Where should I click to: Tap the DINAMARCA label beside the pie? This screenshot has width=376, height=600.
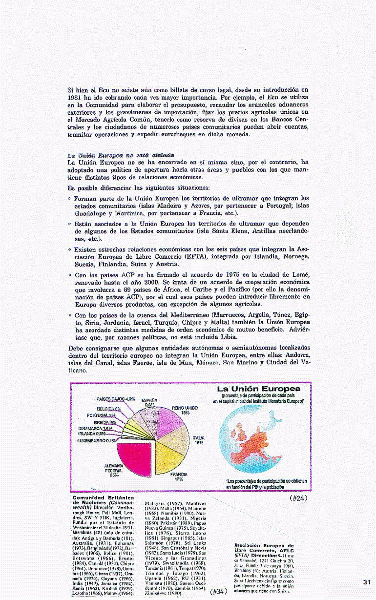click(95, 428)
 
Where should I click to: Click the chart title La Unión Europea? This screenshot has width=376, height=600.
click(258, 389)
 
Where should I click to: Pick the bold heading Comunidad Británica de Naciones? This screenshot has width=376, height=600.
click(103, 501)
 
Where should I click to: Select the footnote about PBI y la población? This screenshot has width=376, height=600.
click(266, 483)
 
